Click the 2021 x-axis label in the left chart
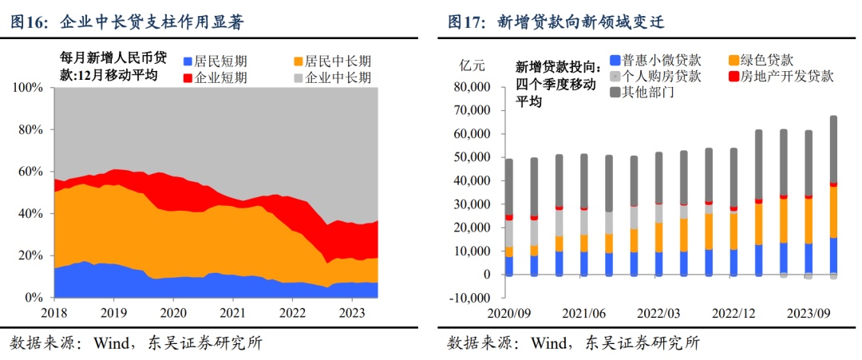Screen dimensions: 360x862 (232, 313)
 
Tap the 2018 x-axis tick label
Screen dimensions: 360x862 (54, 313)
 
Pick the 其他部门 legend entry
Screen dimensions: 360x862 (642, 93)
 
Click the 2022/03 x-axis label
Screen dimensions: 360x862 (659, 313)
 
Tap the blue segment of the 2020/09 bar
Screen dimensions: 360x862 (509, 265)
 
